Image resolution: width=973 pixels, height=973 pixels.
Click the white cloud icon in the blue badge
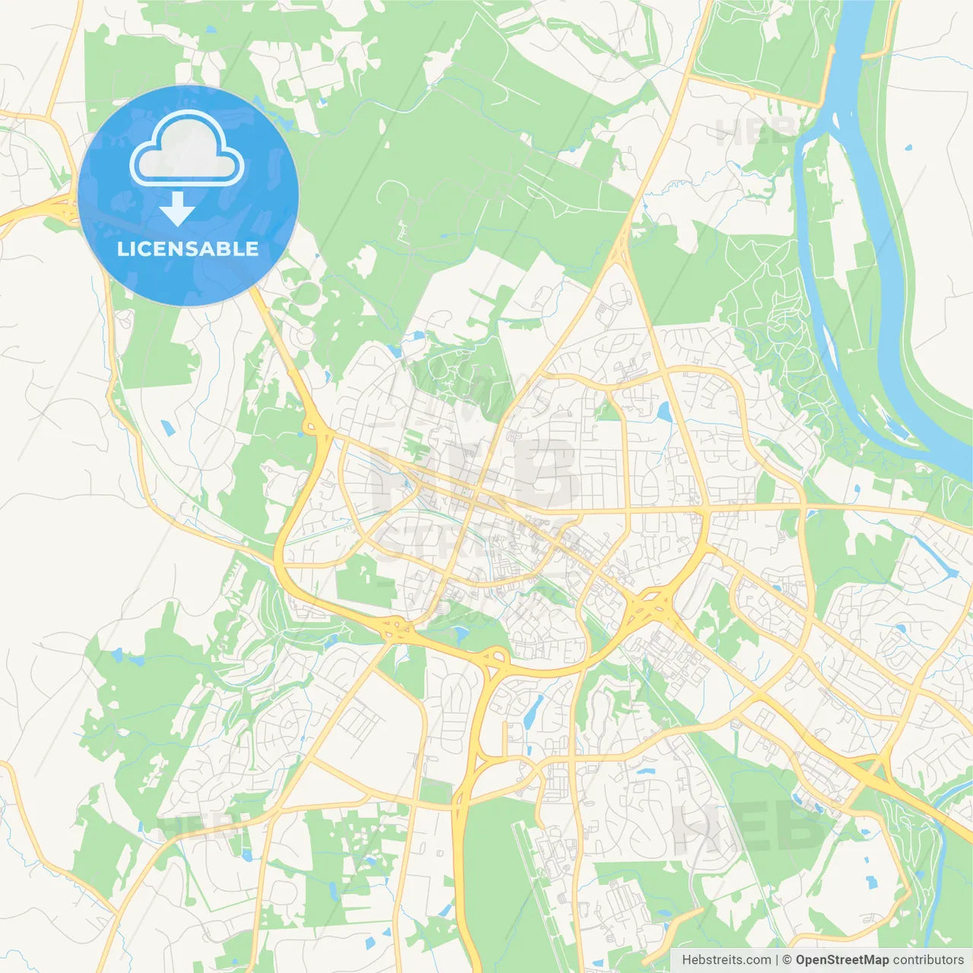[187, 152]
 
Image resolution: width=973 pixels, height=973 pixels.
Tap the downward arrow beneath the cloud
[178, 208]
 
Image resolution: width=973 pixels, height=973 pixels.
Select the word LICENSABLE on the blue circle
[188, 249]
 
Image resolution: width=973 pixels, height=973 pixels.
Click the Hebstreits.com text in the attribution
[726, 960]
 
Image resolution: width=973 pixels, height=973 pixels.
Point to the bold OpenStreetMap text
[842, 960]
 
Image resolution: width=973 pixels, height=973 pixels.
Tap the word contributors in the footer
[928, 960]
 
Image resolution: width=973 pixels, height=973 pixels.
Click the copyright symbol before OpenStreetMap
[788, 960]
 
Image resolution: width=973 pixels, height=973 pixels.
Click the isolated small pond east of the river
[909, 147]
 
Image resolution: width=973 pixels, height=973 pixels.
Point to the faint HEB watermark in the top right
[756, 132]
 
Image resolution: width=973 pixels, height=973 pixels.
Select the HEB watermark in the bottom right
[749, 829]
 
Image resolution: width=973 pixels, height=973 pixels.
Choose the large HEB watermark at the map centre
[479, 475]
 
